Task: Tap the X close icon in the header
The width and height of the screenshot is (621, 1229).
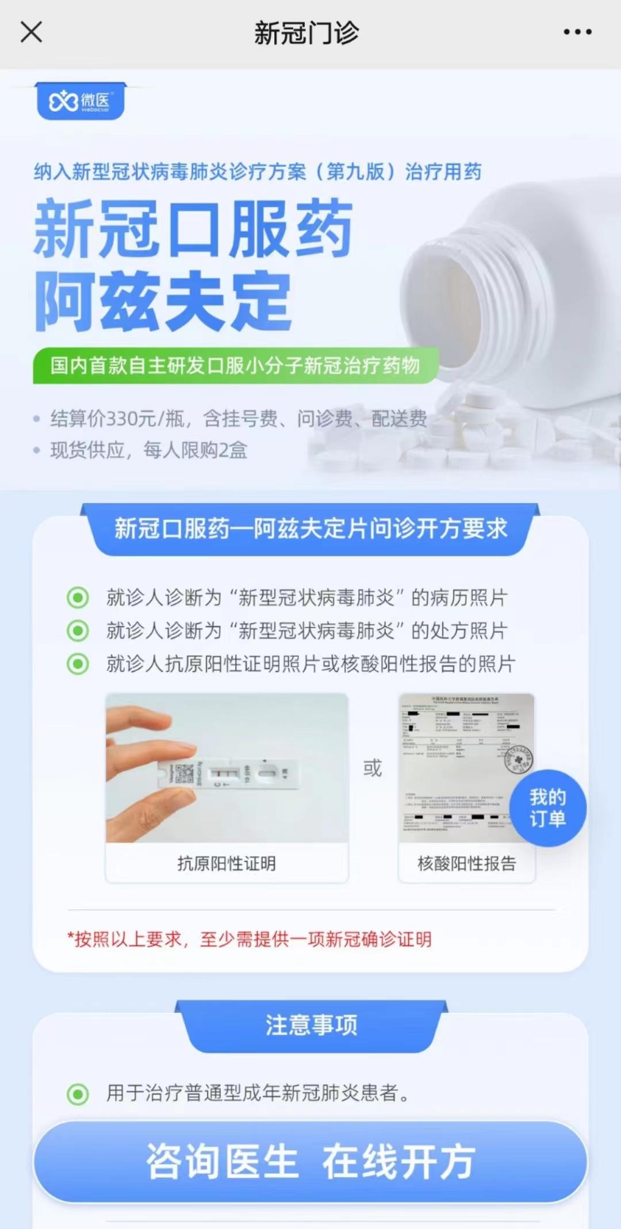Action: click(31, 32)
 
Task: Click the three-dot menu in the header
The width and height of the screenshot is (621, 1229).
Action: click(577, 32)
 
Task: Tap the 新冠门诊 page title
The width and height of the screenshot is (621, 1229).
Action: click(306, 33)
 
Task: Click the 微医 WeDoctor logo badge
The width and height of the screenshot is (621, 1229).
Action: click(80, 102)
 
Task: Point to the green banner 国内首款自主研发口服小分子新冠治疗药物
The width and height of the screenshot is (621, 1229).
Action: click(235, 365)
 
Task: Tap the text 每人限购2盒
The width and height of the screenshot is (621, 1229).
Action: click(195, 450)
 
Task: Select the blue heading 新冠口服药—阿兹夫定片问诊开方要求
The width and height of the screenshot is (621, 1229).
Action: click(310, 529)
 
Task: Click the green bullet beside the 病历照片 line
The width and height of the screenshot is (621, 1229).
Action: click(78, 598)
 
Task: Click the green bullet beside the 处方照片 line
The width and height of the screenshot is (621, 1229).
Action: click(78, 631)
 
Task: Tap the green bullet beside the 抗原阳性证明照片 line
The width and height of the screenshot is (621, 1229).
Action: click(78, 664)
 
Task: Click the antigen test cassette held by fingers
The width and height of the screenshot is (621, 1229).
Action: click(230, 773)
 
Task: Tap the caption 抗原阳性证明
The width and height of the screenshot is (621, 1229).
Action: click(227, 863)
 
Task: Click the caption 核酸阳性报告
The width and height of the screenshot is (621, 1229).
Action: click(466, 863)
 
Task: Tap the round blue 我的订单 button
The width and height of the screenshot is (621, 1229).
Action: click(547, 808)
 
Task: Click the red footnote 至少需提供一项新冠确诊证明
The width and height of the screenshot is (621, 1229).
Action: click(315, 939)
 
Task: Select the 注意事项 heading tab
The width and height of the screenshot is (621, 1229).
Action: click(311, 1025)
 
